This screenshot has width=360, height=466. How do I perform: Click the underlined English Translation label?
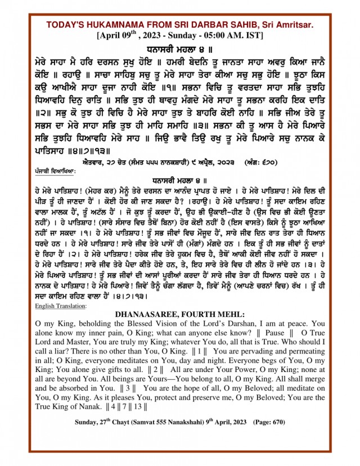pos(61,306)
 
